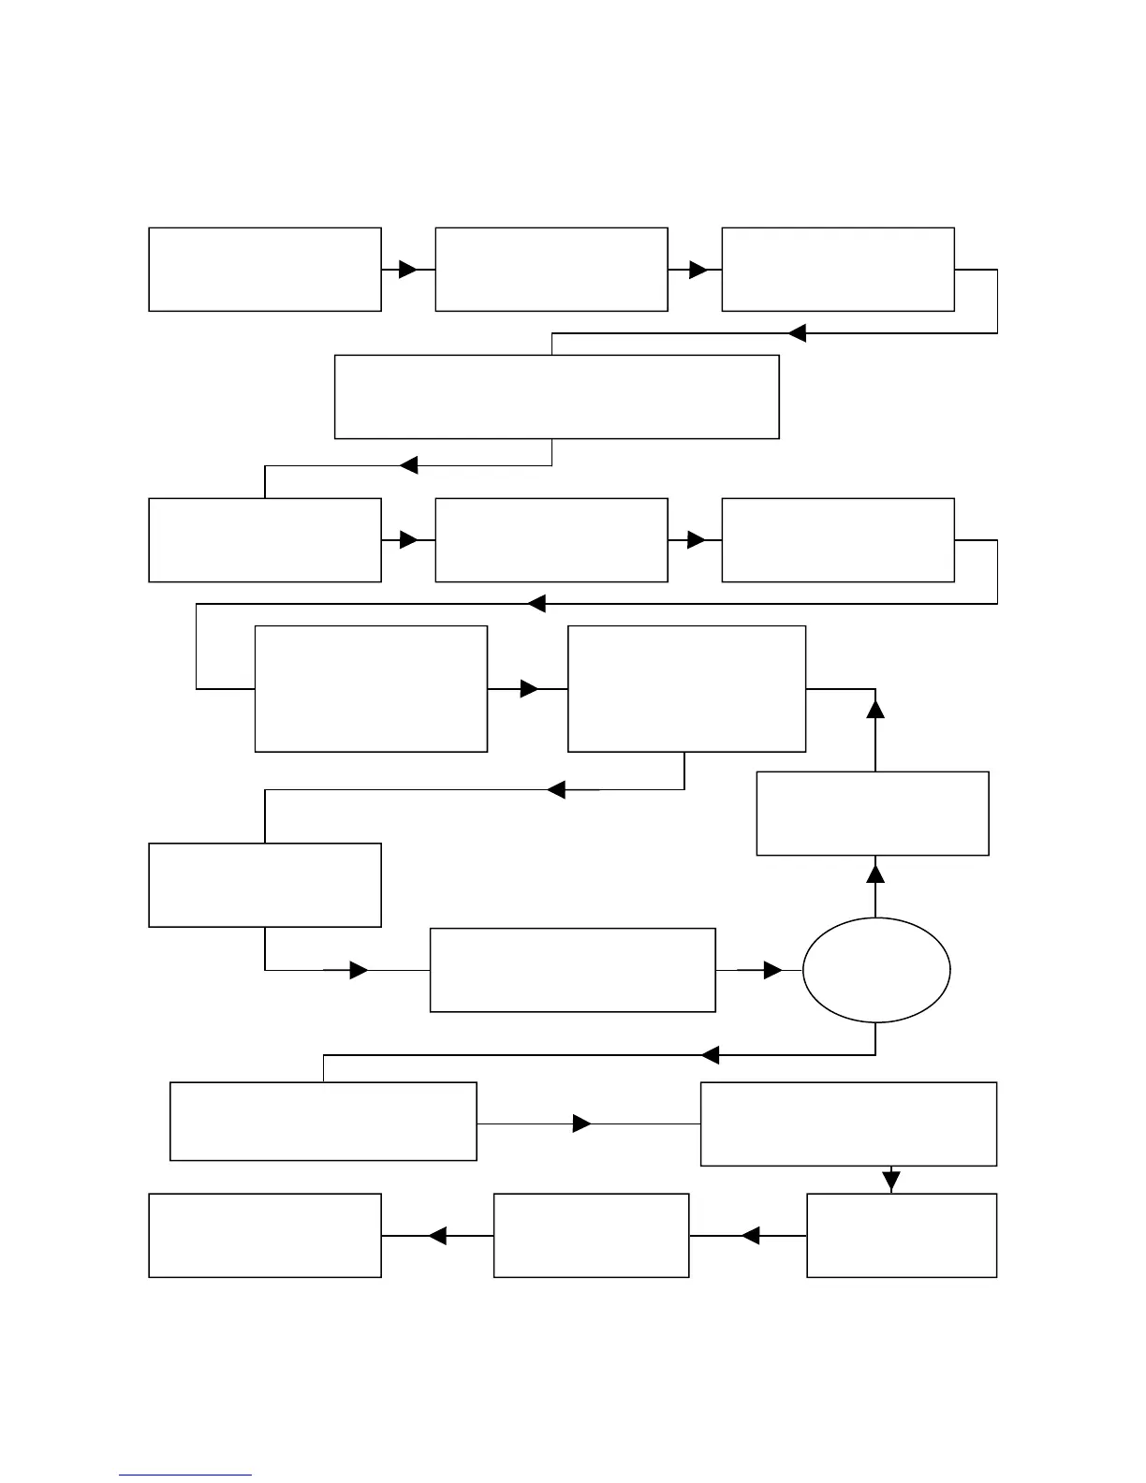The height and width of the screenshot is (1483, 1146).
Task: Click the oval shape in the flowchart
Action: point(876,970)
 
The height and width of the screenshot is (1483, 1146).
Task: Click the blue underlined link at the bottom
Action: point(184,1475)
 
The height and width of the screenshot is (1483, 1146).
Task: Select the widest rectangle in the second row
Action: point(557,396)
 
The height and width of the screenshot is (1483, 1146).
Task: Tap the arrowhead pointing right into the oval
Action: point(772,971)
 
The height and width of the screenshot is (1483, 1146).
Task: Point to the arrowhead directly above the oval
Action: point(875,874)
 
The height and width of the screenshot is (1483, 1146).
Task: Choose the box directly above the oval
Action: point(873,813)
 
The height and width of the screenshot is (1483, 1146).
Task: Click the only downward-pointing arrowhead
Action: point(890,1181)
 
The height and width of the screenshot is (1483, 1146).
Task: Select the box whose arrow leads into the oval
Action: point(572,970)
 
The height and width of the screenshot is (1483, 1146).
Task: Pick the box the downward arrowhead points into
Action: point(902,1235)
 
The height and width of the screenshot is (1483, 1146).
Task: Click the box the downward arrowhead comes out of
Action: point(848,1123)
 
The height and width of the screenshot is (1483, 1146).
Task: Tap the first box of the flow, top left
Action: point(265,269)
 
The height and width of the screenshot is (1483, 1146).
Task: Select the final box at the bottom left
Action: point(265,1235)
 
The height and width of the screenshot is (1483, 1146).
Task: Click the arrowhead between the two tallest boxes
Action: point(529,689)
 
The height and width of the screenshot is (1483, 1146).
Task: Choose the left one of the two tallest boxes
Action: point(371,689)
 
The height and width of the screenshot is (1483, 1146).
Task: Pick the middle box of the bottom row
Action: point(591,1235)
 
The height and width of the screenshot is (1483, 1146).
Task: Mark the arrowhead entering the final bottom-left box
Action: point(436,1236)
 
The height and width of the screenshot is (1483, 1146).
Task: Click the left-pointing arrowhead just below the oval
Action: point(710,1055)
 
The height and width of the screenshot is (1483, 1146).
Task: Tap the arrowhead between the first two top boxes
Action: point(407,270)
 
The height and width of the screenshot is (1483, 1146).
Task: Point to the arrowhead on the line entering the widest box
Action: point(797,333)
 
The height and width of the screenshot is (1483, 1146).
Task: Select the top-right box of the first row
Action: point(838,269)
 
